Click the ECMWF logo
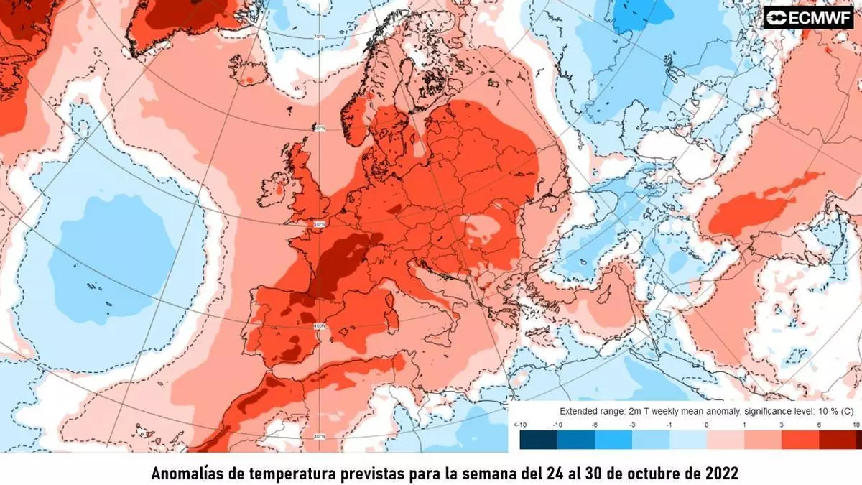coord(812,17)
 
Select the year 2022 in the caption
coord(720,474)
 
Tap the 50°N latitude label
coord(320,224)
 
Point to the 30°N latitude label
coord(320,436)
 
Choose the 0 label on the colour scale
coord(707,425)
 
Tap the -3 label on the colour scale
coord(632,425)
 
